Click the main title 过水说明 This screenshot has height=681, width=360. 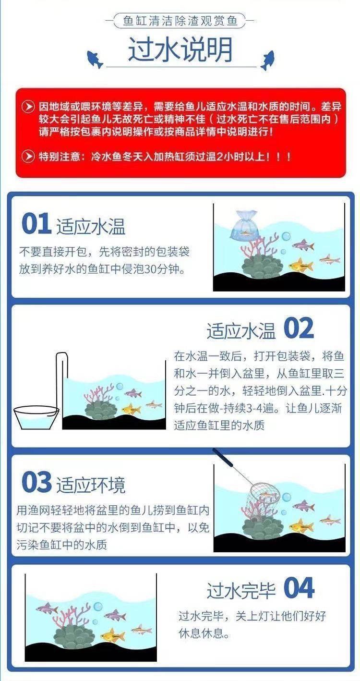(180, 49)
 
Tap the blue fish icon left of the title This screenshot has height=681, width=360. (95, 59)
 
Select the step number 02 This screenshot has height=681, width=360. (299, 328)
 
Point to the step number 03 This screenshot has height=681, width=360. (36, 482)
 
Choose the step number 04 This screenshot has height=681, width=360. (299, 588)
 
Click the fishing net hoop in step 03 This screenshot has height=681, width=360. (264, 493)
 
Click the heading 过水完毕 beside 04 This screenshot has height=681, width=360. (241, 590)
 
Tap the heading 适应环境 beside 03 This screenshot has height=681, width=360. (91, 485)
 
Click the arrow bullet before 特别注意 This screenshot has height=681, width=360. (28, 157)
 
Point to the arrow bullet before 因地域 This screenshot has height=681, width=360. (28, 107)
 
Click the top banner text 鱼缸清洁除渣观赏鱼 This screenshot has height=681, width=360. (180, 21)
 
